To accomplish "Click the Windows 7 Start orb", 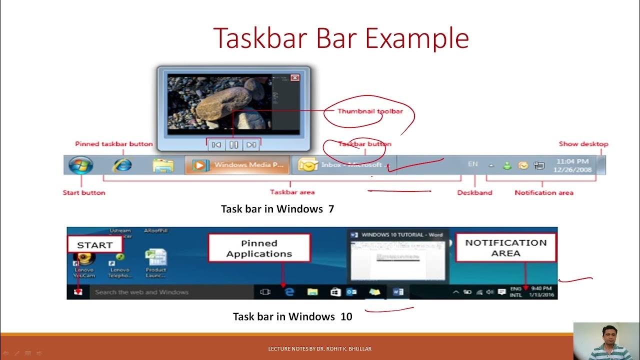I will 81,165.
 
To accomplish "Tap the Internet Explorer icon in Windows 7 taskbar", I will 122,165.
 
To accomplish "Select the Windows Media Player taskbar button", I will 237,165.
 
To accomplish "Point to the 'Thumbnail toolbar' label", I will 369,111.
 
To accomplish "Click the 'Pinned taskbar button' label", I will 114,144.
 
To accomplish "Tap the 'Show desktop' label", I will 583,144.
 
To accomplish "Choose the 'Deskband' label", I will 474,192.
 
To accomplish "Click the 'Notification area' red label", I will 544,192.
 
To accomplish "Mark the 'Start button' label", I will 84,192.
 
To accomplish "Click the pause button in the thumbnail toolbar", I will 233,145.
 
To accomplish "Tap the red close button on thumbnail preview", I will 295,77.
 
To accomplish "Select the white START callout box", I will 94,245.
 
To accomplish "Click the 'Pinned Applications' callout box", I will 259,248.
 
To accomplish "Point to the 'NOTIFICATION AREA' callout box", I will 506,247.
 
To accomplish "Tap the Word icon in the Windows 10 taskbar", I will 398,292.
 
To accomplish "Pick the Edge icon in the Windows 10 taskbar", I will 289,292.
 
